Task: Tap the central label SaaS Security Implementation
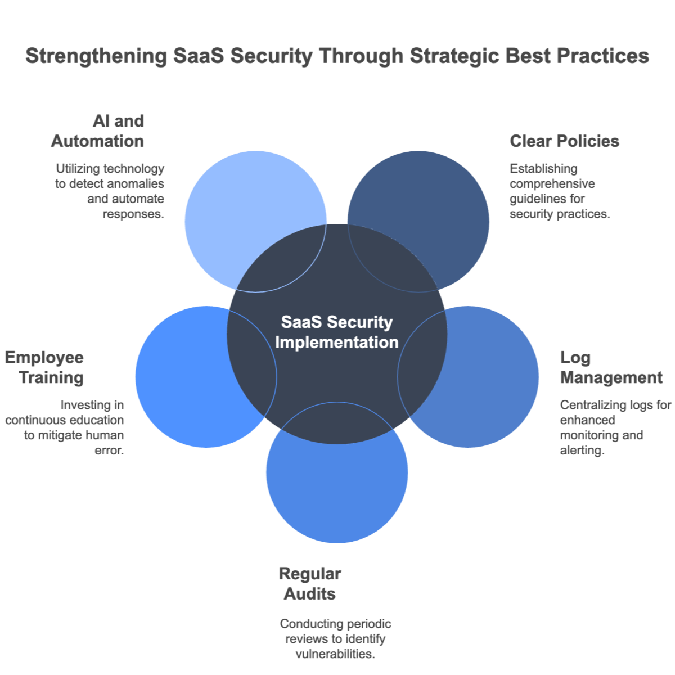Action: coord(337,332)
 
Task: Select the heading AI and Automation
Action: coord(98,130)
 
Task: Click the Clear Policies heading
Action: coord(564,141)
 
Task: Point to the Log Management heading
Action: coord(611,367)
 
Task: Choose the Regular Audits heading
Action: coord(310,584)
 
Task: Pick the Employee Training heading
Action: coord(45,367)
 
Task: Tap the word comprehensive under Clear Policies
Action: coord(552,183)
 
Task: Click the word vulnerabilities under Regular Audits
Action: coord(335,654)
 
